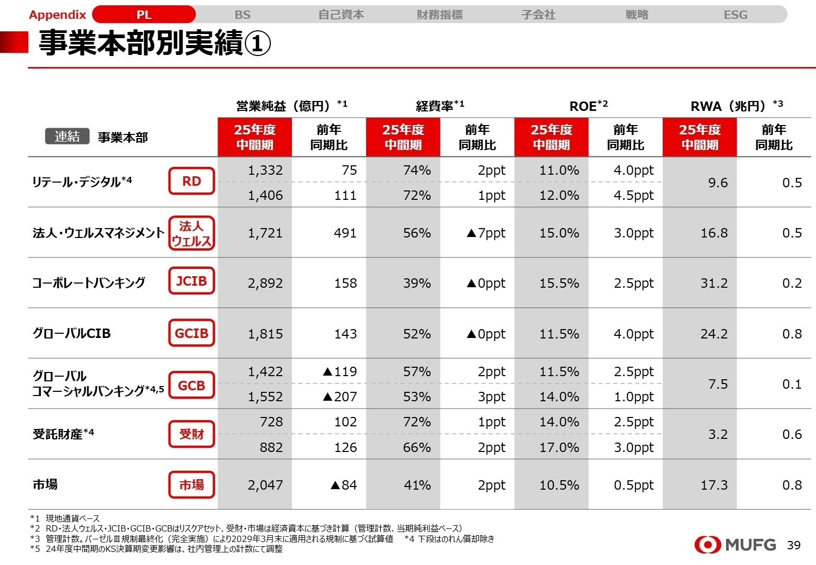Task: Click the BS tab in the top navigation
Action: [242, 15]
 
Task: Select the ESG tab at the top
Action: [735, 15]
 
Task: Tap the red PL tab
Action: [144, 15]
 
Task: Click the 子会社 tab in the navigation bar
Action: [538, 15]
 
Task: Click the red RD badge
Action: [191, 181]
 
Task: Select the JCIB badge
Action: [191, 281]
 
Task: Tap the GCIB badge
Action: [191, 333]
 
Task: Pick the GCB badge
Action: [191, 386]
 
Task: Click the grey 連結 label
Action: [67, 137]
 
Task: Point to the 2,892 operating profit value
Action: [265, 283]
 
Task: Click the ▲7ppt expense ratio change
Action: [485, 233]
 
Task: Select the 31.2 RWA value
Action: [714, 283]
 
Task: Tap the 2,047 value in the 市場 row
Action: [265, 485]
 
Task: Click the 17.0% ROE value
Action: [559, 447]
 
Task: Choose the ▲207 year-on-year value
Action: [340, 397]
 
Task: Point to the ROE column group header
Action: [588, 106]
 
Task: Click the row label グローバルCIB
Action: [72, 333]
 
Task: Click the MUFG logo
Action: [735, 545]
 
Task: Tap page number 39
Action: [794, 545]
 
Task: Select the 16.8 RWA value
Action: [714, 233]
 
